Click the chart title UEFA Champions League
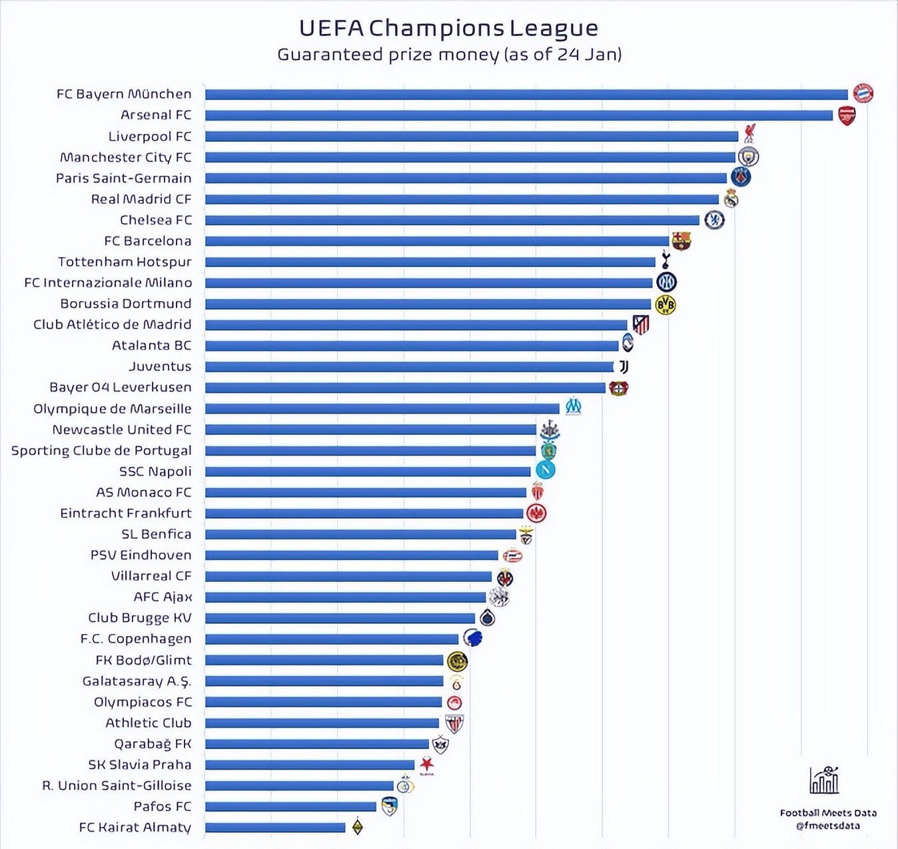point(448,28)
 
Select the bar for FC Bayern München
point(526,95)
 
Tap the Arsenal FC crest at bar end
point(847,115)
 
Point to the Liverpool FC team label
point(149,137)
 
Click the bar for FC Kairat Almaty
point(274,828)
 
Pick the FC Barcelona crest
point(681,240)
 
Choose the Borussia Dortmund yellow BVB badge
point(666,304)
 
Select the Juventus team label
point(160,366)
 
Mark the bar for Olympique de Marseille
point(382,408)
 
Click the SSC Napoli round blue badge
point(546,470)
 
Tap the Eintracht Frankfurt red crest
point(536,513)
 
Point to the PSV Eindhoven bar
point(351,555)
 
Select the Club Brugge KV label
point(139,618)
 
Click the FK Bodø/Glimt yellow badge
point(457,661)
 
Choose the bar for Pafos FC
point(290,806)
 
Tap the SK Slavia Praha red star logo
point(427,764)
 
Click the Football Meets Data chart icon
point(824,780)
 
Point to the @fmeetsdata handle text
point(827,826)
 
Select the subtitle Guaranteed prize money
point(449,55)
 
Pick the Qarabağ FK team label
point(153,744)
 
